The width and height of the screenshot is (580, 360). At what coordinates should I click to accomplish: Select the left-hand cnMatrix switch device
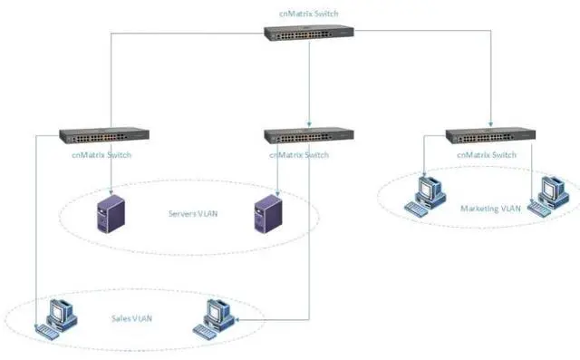[x=104, y=135]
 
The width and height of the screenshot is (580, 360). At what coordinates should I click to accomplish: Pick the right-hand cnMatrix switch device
[x=491, y=136]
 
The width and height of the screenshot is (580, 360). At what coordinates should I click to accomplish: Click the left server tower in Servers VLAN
[x=111, y=214]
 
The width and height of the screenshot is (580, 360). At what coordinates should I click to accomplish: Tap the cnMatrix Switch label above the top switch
[x=308, y=15]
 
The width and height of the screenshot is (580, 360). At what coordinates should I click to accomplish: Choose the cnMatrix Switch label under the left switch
[x=101, y=154]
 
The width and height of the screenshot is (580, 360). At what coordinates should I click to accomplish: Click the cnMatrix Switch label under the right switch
[x=488, y=155]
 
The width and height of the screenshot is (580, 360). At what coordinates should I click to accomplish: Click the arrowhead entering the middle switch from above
[x=310, y=125]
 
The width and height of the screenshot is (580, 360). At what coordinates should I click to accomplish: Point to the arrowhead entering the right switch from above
[x=491, y=125]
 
